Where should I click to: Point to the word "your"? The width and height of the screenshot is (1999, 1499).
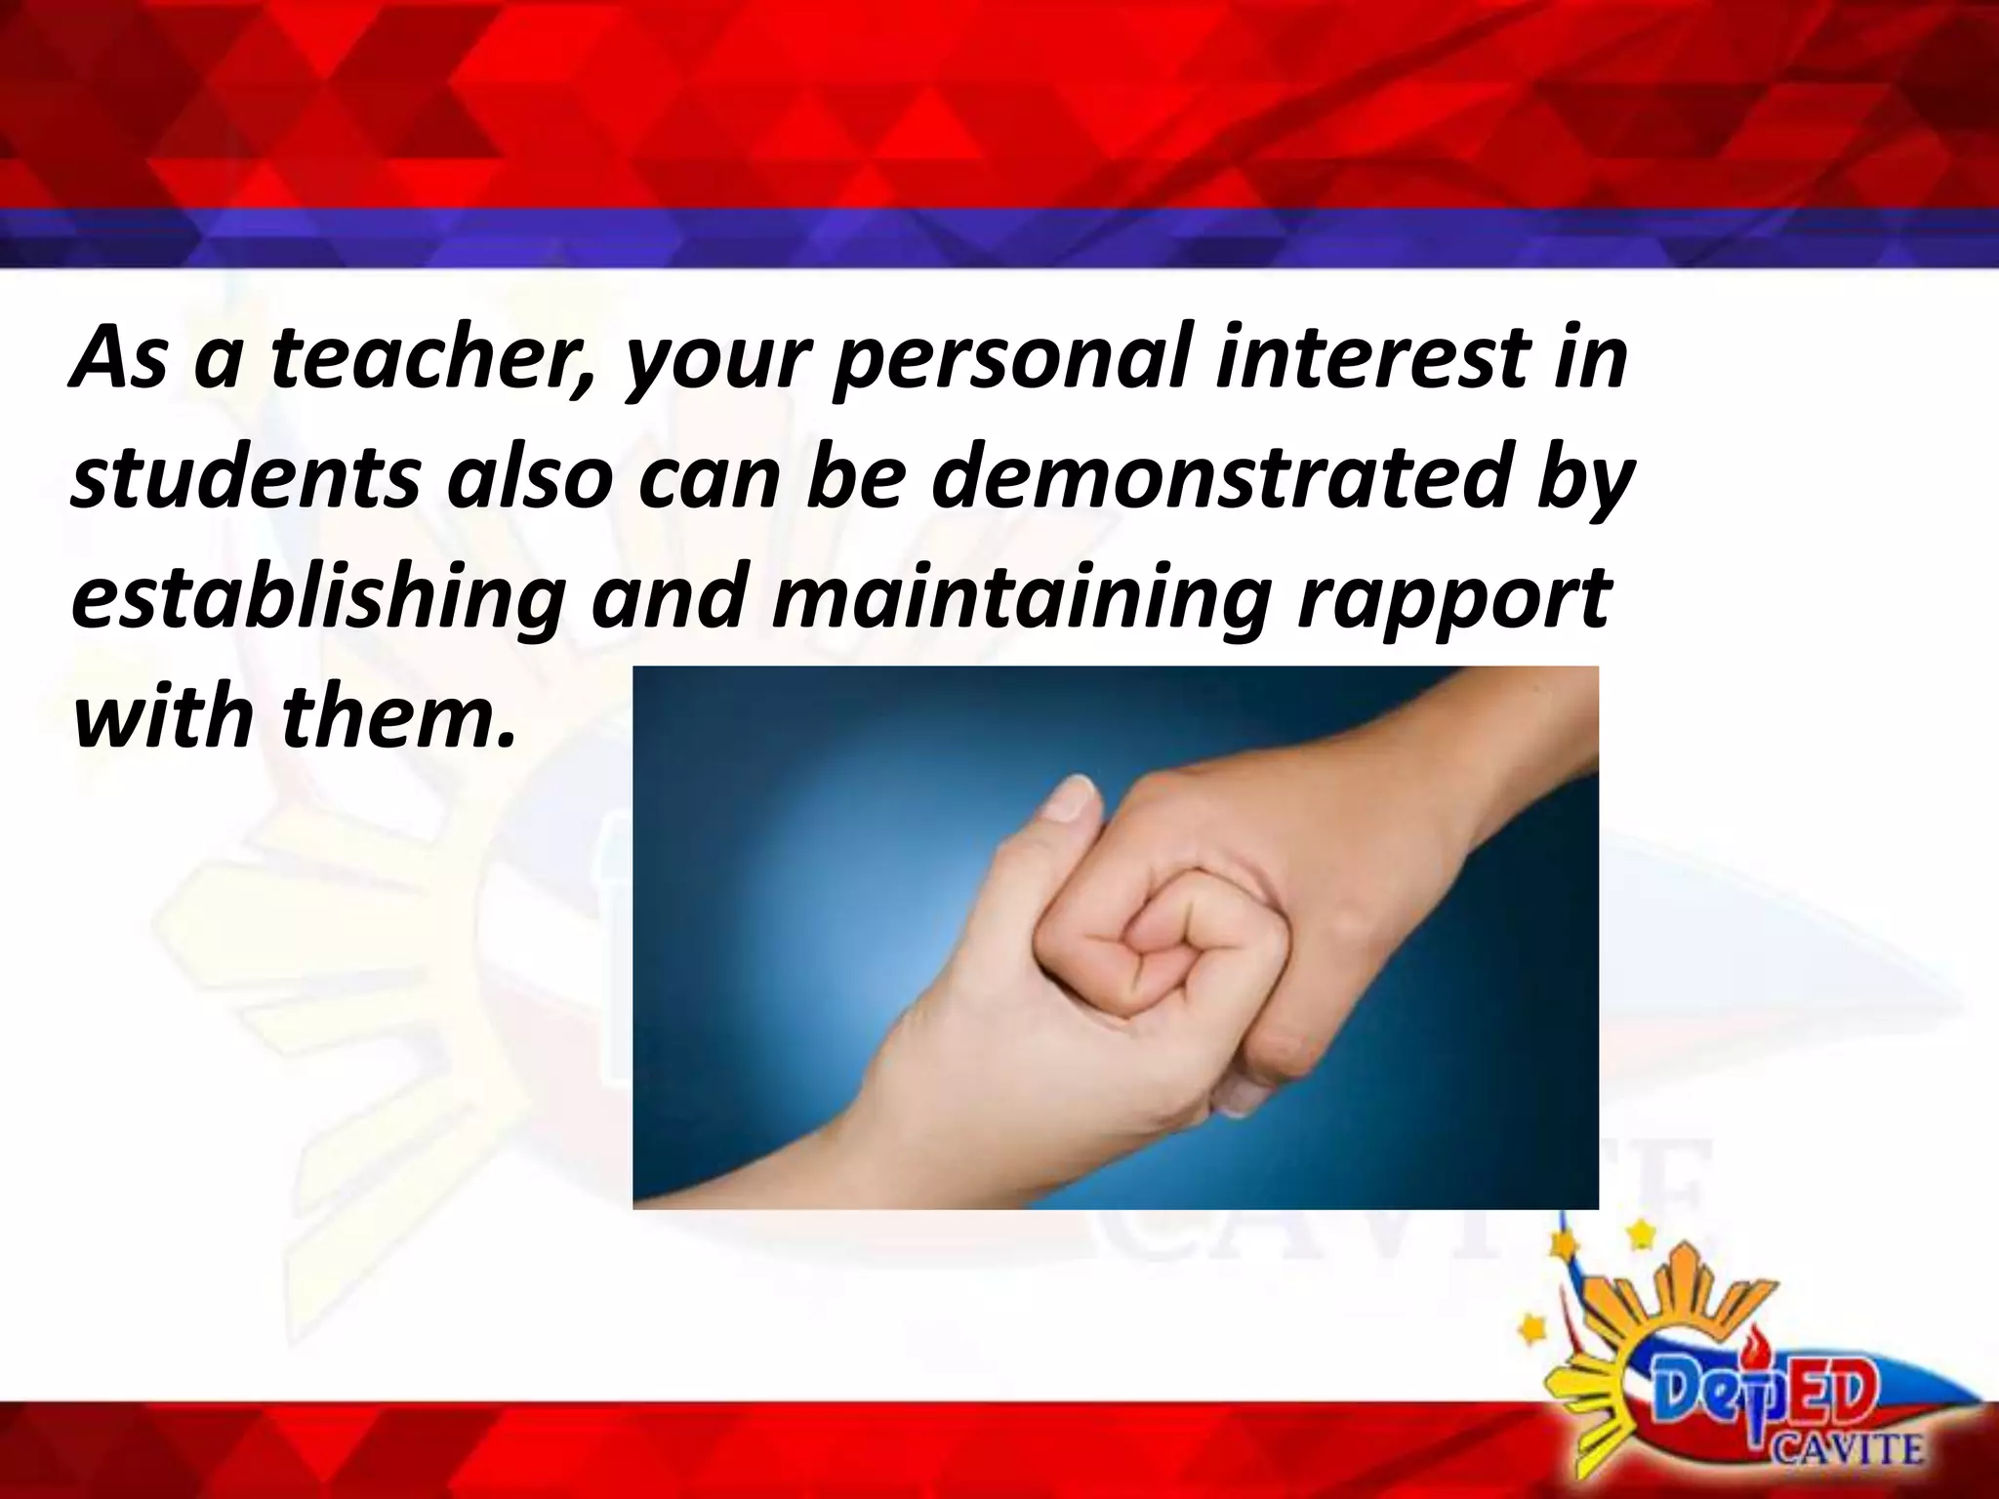pos(718,363)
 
